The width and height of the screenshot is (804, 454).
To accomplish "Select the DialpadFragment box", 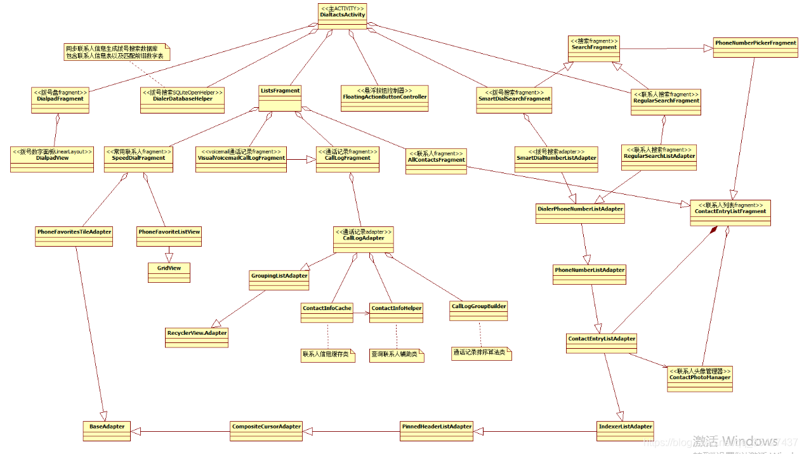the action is coord(60,100).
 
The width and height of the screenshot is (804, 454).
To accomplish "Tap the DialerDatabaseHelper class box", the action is coord(183,100).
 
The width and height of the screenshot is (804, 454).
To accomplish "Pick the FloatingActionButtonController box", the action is coord(385,98).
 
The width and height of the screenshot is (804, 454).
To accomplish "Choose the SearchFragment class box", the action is coord(593,48).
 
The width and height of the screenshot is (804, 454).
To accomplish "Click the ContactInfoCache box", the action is coord(327,312).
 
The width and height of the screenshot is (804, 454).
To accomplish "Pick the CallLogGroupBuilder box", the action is coord(478,310).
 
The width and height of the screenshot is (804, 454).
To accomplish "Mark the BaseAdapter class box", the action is coord(107,431).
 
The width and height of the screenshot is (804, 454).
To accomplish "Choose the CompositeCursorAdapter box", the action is coord(265,431).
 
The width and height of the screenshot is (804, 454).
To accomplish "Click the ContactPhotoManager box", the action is coord(699,378).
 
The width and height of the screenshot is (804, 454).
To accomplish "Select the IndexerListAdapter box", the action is coord(625,431).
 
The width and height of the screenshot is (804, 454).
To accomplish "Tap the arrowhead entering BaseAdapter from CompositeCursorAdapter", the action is coord(136,431).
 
